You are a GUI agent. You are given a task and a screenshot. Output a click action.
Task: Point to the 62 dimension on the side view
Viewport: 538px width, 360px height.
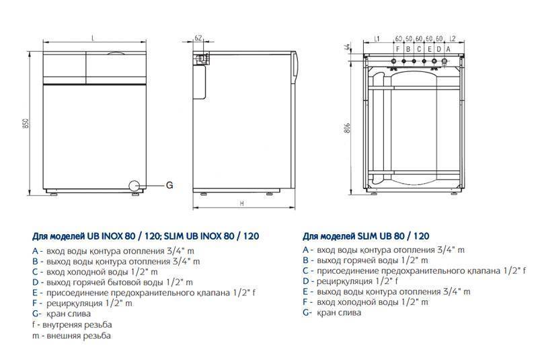(x=198, y=37)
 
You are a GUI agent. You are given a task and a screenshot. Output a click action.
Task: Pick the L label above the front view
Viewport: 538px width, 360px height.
(x=92, y=37)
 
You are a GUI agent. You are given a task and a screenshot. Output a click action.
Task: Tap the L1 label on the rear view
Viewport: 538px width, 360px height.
(x=377, y=38)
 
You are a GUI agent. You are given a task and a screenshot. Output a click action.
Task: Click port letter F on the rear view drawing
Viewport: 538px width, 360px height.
(x=398, y=49)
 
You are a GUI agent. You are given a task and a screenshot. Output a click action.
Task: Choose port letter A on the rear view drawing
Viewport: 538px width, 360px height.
(x=439, y=49)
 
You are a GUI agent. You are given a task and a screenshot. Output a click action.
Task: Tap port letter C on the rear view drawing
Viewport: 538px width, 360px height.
(x=419, y=49)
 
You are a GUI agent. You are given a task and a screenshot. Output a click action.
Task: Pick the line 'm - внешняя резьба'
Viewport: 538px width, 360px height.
(x=71, y=335)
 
